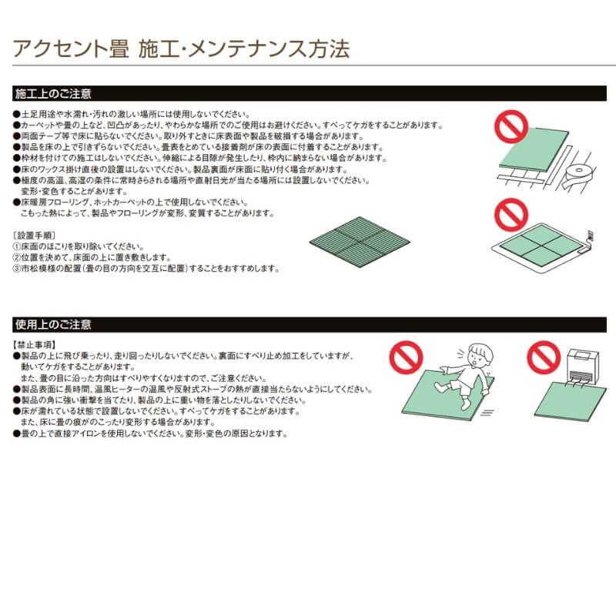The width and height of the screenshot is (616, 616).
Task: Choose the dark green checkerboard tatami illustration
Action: [359, 237]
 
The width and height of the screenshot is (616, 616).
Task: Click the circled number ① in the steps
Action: [17, 246]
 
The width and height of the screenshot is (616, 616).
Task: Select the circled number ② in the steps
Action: [17, 258]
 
